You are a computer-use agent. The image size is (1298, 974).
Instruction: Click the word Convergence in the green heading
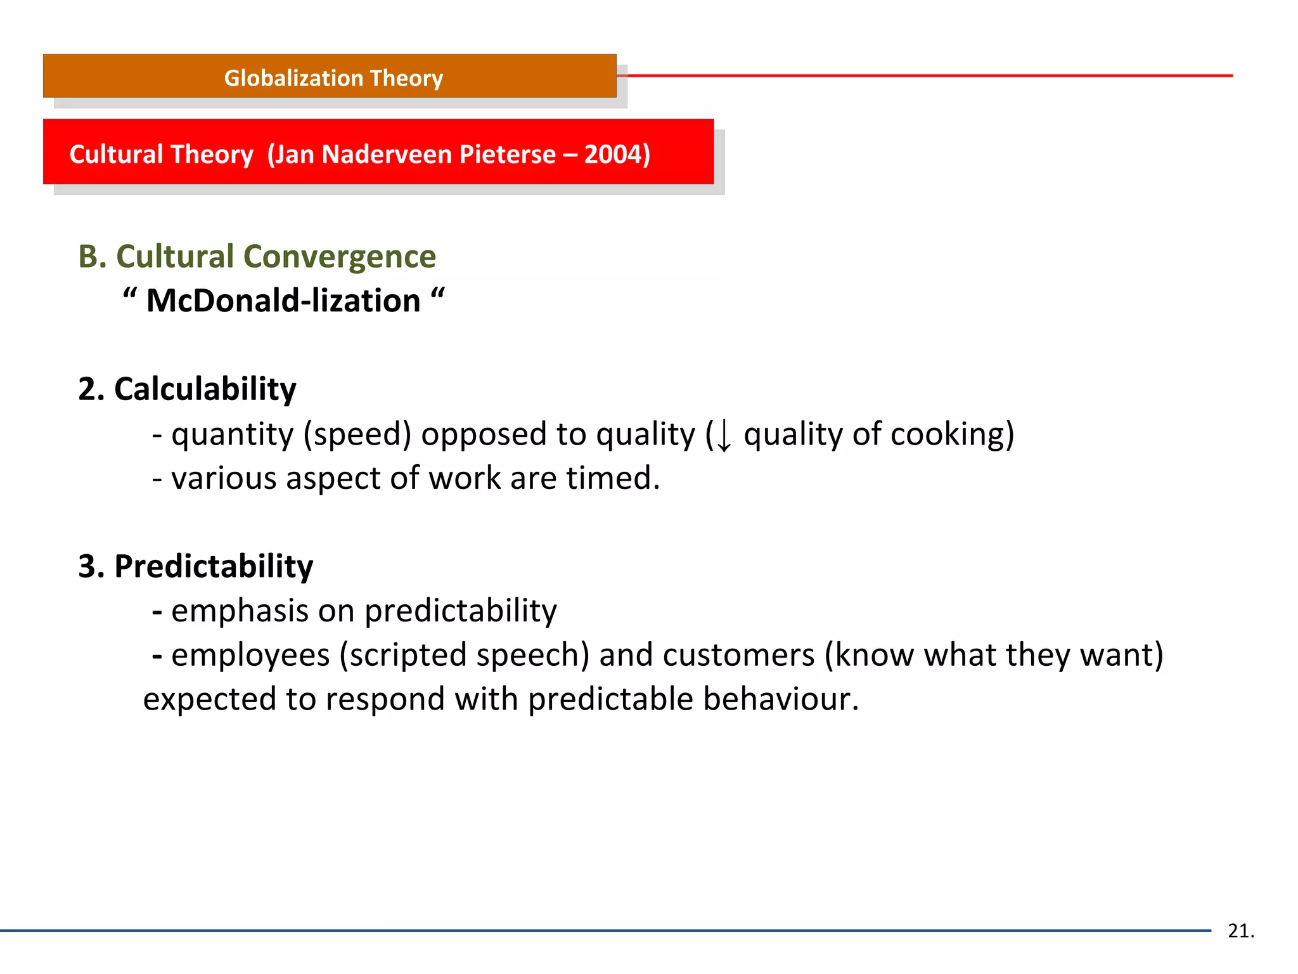click(x=340, y=257)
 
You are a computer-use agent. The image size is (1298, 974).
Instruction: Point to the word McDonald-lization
click(x=283, y=301)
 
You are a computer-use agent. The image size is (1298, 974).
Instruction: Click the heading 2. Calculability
click(x=187, y=389)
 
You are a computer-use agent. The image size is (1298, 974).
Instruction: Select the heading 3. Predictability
click(x=195, y=566)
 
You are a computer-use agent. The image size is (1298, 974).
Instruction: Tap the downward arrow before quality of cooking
click(x=723, y=436)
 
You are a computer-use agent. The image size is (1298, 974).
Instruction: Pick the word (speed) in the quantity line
click(x=357, y=435)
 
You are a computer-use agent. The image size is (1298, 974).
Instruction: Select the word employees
click(x=250, y=656)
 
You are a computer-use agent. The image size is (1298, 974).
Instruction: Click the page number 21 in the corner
click(x=1240, y=931)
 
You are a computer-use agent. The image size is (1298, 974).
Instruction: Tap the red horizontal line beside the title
click(x=925, y=75)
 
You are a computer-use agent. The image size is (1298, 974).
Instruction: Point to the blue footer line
click(x=602, y=930)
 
